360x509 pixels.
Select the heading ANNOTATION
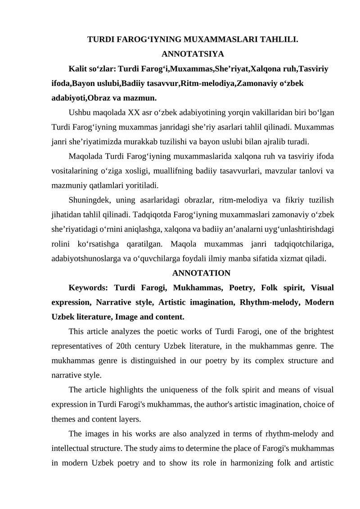click(x=201, y=273)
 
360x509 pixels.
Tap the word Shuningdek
click(x=90, y=200)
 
